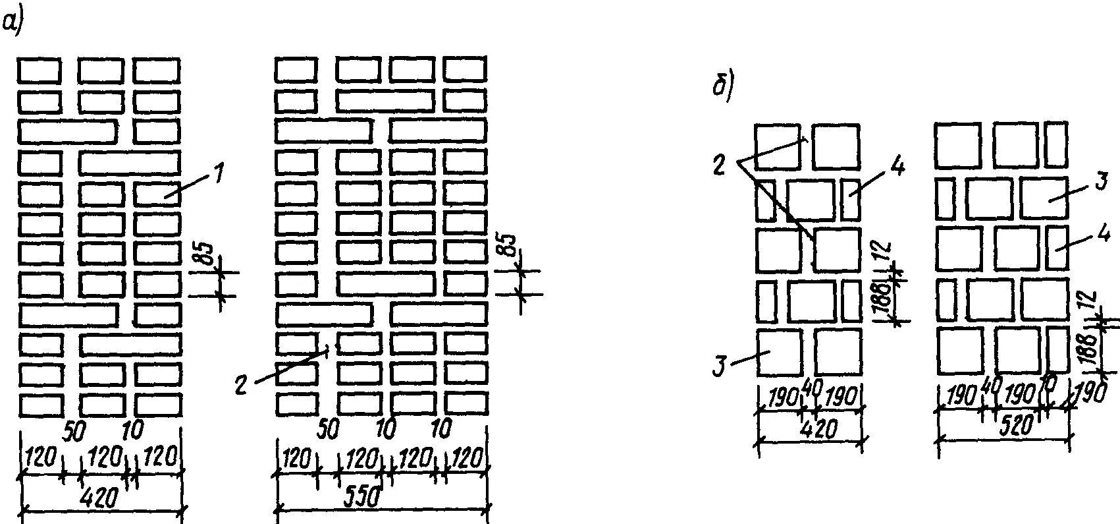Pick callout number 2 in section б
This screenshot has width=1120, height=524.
(720, 163)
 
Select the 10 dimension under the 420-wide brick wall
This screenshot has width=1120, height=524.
(132, 430)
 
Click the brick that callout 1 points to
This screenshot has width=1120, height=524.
(157, 194)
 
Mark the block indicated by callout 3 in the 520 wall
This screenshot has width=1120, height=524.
(1044, 197)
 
